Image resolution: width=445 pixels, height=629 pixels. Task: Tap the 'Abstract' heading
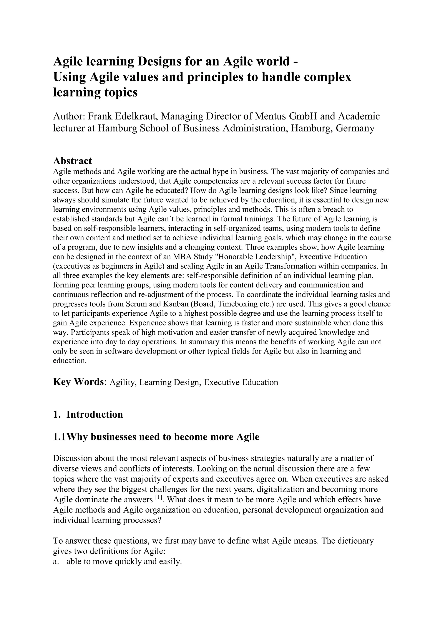[x=72, y=161]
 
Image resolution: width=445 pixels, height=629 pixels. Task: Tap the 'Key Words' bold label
[x=78, y=382]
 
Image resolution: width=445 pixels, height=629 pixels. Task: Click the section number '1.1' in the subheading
[x=59, y=437]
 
